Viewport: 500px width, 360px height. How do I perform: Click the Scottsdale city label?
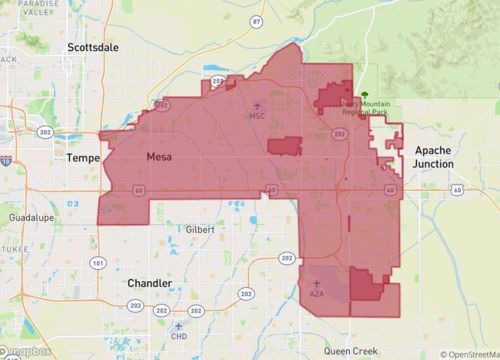92,47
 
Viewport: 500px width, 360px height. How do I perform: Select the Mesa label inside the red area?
159,156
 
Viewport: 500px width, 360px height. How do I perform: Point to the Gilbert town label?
200,229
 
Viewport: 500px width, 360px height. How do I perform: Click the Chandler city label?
149,283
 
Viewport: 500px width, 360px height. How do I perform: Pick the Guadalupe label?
24,216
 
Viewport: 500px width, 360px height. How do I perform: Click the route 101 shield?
97,262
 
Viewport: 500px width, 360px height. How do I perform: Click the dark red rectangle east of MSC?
285,146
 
